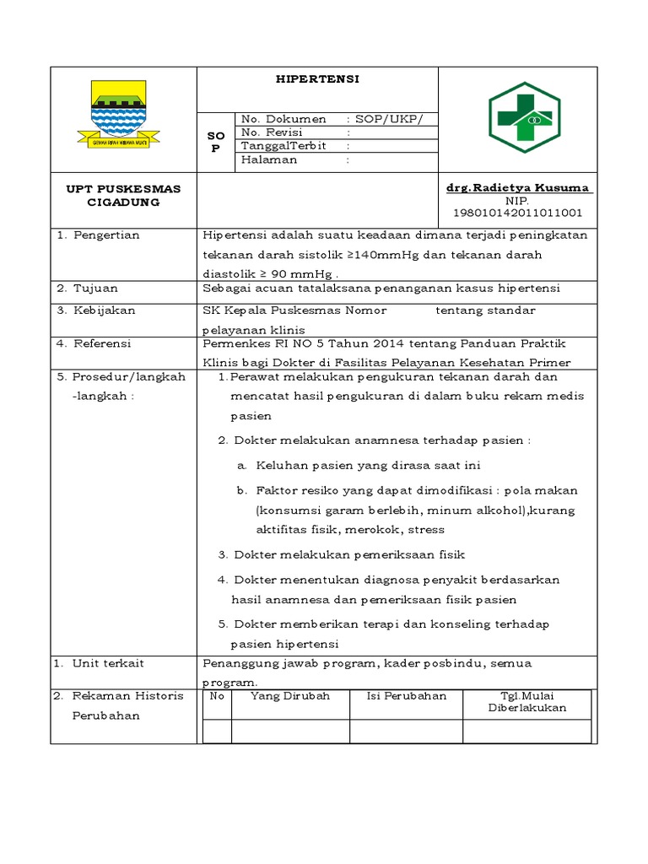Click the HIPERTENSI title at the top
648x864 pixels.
click(317, 78)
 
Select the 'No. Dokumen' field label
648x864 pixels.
click(283, 119)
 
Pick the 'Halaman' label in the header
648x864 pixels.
click(269, 159)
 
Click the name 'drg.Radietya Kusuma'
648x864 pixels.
click(518, 188)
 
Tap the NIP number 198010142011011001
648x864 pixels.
click(518, 213)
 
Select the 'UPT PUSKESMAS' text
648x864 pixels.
click(123, 189)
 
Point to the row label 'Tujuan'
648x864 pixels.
click(95, 289)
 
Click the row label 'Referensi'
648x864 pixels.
click(104, 343)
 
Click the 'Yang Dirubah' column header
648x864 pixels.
click(290, 696)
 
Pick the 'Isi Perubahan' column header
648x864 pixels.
click(406, 696)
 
